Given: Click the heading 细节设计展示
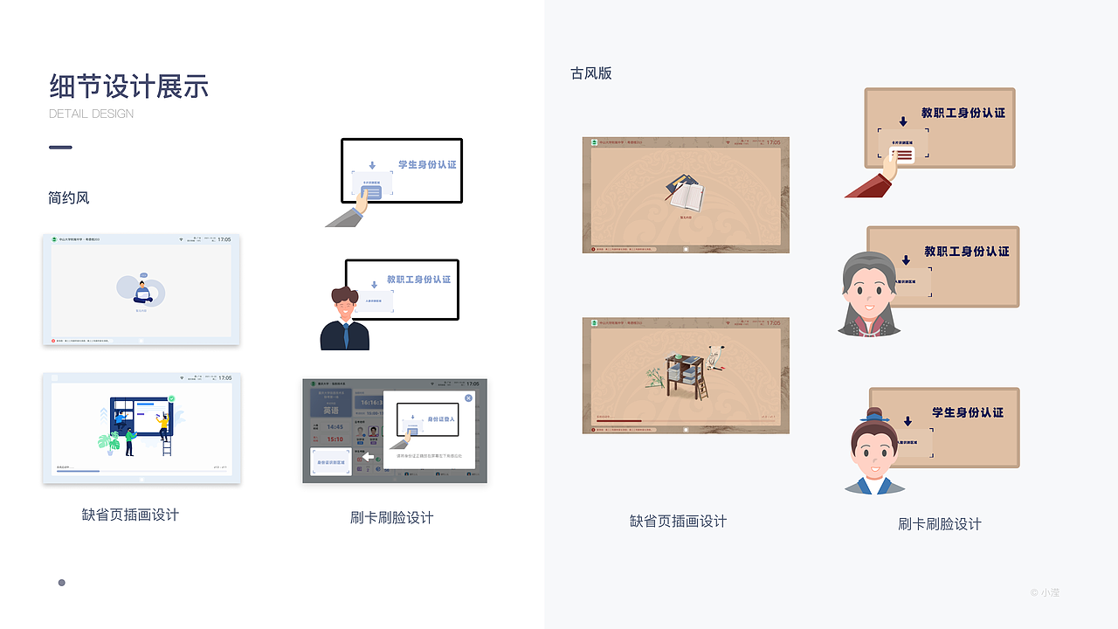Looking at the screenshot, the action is [129, 86].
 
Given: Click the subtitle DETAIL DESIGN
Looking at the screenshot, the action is [92, 114].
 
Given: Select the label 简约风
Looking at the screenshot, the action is [69, 198].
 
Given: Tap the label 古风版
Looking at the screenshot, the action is [591, 73].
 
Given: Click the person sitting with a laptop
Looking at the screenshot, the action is [141, 289].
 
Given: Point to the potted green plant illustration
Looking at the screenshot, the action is [109, 441].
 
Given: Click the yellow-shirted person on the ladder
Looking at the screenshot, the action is [162, 425].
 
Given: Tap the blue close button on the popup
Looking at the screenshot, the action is [468, 398].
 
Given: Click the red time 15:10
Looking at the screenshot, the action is [335, 439].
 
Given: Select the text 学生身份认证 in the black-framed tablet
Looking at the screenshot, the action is [427, 164].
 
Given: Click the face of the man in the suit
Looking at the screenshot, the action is [344, 306].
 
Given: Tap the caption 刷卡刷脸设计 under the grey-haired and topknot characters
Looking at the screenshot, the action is [940, 524].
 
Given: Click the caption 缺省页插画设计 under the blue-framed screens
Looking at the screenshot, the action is [130, 515].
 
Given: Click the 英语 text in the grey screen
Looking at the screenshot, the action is [330, 410].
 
